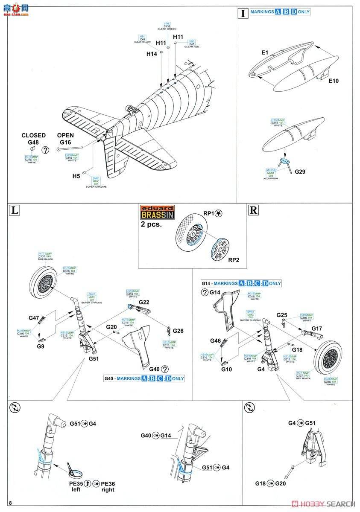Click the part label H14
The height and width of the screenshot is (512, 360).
coord(152,54)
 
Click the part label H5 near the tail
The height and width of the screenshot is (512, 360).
coord(76,176)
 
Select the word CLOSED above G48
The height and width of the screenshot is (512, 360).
coord(34,136)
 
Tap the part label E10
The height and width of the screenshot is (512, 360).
coord(334,81)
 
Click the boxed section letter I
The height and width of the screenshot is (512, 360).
coord(243,13)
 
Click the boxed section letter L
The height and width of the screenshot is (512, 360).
coord(15,210)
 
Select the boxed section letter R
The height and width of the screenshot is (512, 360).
coord(253,210)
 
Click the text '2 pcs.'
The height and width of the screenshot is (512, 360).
coord(152,224)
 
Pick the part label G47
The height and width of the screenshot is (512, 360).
coord(34,318)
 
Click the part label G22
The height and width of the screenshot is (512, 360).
coord(144,302)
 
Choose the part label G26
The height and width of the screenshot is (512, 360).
coord(178,331)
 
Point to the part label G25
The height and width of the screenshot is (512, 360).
coord(281,315)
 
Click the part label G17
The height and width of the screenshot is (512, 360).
coord(316,329)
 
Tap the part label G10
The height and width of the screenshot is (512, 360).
coord(227,369)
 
